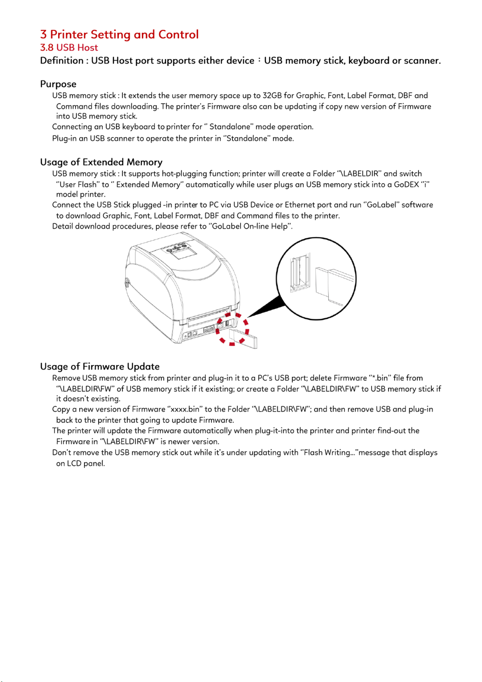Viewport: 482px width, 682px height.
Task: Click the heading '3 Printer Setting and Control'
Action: click(119, 35)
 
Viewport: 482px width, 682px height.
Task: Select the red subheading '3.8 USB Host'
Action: click(69, 48)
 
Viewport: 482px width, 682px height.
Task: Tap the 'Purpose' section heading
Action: click(58, 84)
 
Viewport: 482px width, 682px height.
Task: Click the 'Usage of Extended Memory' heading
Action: click(101, 162)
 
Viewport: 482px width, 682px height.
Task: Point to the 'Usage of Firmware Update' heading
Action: click(100, 367)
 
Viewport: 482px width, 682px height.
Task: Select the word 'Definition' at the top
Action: click(62, 61)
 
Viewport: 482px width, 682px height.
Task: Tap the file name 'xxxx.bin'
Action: click(185, 409)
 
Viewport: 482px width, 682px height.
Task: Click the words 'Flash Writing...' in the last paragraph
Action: click(329, 452)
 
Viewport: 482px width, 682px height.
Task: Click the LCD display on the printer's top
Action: click(183, 253)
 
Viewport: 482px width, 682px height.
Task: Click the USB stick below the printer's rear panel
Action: click(243, 339)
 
